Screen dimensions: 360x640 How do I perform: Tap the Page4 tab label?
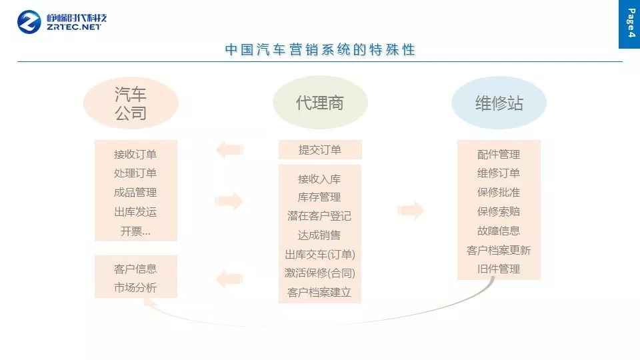(x=630, y=23)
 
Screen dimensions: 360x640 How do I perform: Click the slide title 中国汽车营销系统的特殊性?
(x=320, y=50)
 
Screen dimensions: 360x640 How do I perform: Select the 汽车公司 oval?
(x=131, y=103)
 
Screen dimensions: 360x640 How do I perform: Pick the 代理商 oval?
(x=320, y=103)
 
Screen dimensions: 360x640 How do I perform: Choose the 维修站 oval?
(x=499, y=103)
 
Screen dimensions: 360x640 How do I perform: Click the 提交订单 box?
(x=320, y=150)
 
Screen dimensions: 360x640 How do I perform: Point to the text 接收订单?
(x=135, y=154)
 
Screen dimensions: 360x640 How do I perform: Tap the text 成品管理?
(x=135, y=193)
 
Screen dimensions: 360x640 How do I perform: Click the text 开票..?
(x=135, y=231)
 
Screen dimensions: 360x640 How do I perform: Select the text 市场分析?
(x=135, y=289)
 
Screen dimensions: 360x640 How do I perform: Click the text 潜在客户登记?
(x=319, y=216)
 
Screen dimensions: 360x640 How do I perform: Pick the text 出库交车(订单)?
(x=320, y=254)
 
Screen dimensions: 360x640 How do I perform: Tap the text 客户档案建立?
(x=319, y=292)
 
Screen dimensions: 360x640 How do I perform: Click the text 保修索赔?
(x=499, y=211)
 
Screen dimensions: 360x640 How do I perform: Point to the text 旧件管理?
(x=499, y=269)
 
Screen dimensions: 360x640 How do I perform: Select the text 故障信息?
(x=499, y=231)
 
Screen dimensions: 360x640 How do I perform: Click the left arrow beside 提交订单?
(x=229, y=149)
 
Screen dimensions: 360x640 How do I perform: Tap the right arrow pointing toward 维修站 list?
(x=411, y=210)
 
